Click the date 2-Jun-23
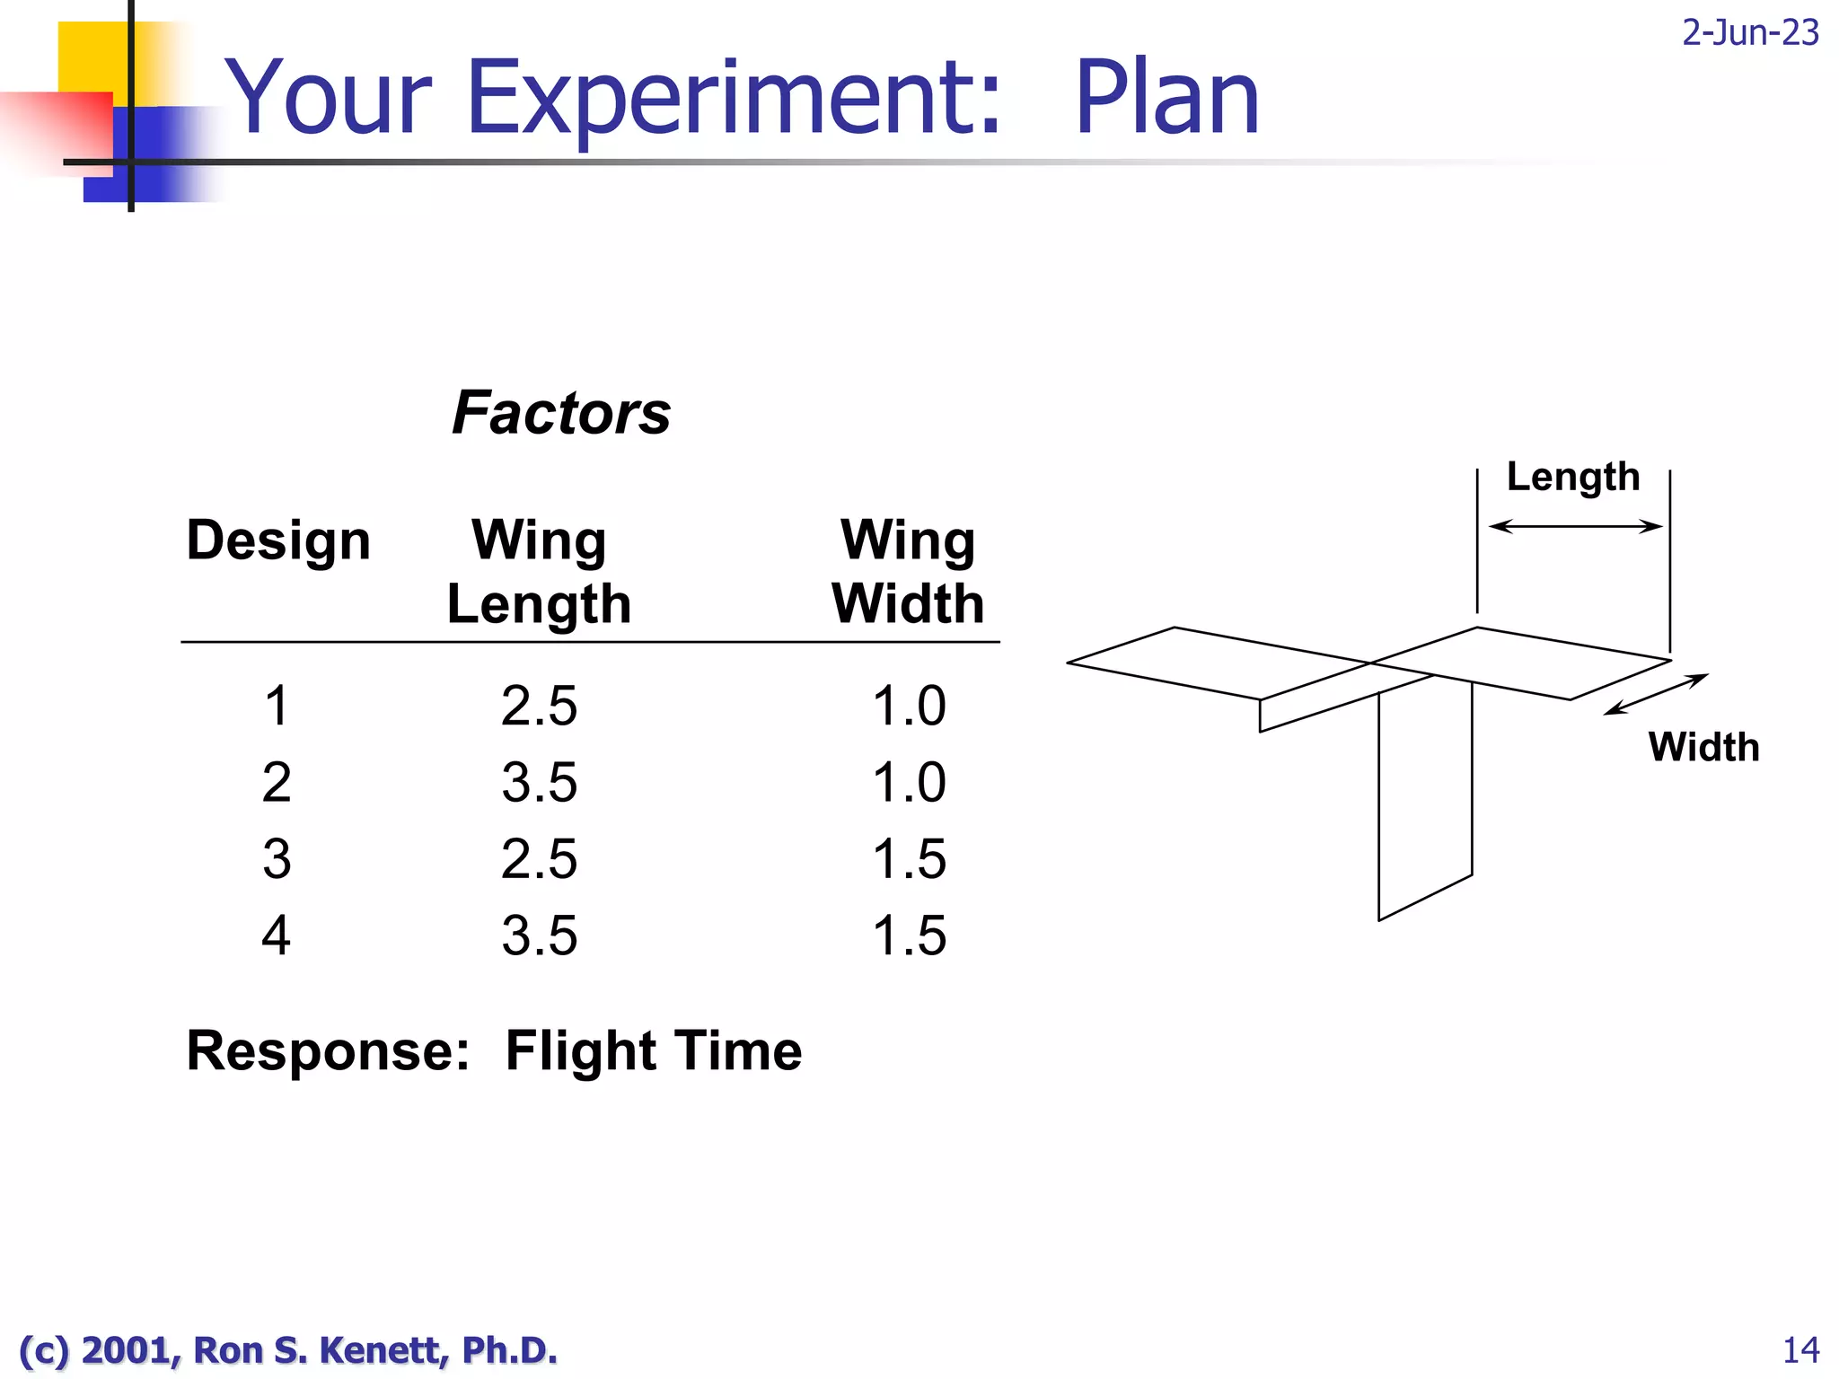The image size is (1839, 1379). click(x=1749, y=33)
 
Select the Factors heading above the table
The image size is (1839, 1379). click(x=561, y=413)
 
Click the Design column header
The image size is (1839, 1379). click(x=278, y=540)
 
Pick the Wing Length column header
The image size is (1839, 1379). click(x=539, y=572)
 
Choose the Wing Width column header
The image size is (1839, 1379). click(x=908, y=572)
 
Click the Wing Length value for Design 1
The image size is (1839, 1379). click(x=539, y=706)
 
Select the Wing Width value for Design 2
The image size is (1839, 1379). click(x=909, y=782)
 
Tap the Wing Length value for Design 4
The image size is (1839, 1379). click(x=539, y=935)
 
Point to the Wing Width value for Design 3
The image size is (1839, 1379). click(x=909, y=859)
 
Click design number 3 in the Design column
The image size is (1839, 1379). click(x=277, y=859)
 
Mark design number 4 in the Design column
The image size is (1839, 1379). click(x=277, y=935)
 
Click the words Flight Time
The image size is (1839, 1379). click(x=653, y=1050)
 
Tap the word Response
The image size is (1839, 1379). click(x=327, y=1050)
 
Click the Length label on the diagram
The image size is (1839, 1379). click(x=1572, y=477)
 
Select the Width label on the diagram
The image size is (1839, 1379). click(x=1703, y=747)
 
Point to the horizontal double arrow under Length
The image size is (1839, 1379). click(x=1575, y=526)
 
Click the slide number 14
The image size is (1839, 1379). click(x=1800, y=1350)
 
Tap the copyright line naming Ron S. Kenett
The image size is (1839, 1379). click(x=287, y=1350)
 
